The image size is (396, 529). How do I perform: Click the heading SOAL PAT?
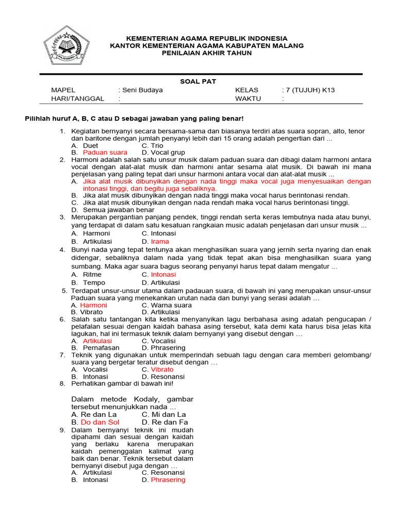pos(198,81)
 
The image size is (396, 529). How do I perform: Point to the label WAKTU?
pos(248,98)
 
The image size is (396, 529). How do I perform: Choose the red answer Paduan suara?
pos(105,153)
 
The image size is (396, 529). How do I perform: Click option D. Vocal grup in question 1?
pos(163,153)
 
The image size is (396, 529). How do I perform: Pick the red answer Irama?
pos(159,241)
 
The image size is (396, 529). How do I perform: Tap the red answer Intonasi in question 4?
pos(163,274)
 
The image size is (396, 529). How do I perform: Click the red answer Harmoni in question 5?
pos(93,305)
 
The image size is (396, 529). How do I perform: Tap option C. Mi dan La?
pos(163,414)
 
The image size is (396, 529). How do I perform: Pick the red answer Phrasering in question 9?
pos(168,479)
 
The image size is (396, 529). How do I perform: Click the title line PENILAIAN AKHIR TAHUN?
pos(207,53)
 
